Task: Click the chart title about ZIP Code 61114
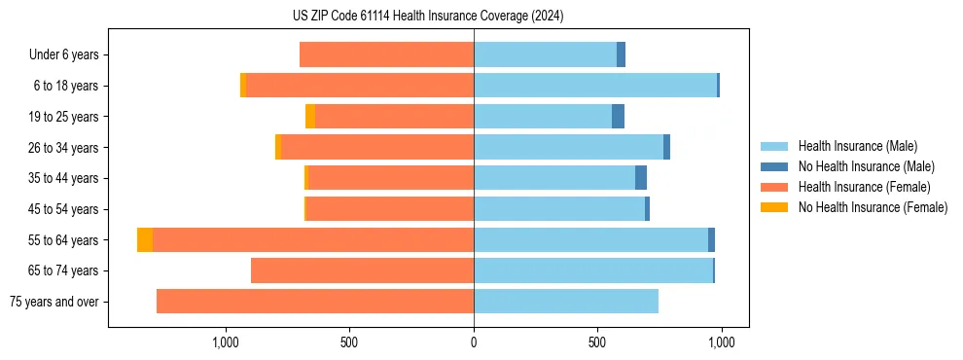click(428, 16)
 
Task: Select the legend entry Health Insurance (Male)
click(856, 146)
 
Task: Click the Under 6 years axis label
click(63, 55)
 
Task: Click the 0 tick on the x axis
click(474, 342)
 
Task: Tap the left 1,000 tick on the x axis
click(225, 342)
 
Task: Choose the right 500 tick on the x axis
click(597, 342)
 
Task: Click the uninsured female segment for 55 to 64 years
click(145, 240)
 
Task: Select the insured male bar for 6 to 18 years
click(595, 86)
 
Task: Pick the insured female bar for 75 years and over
click(315, 302)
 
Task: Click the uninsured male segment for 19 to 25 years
click(618, 117)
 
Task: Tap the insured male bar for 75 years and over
click(566, 302)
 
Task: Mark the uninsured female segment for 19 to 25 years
click(310, 117)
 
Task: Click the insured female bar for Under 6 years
click(386, 55)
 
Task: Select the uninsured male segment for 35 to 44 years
click(641, 178)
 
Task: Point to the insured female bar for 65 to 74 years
click(362, 270)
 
